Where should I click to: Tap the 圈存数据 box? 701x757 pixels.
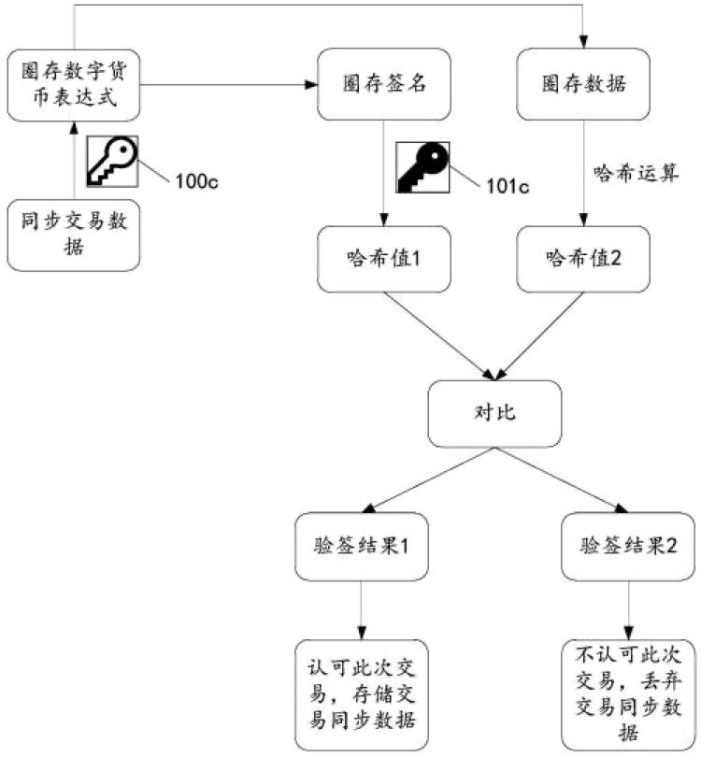pyautogui.click(x=584, y=84)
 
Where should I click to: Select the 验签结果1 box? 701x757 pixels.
pyautogui.click(x=363, y=547)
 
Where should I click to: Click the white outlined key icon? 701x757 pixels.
pyautogui.click(x=111, y=160)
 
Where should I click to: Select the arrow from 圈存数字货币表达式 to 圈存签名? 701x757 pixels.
pyautogui.click(x=229, y=86)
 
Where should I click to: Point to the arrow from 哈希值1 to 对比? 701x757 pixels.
pyautogui.click(x=432, y=333)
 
